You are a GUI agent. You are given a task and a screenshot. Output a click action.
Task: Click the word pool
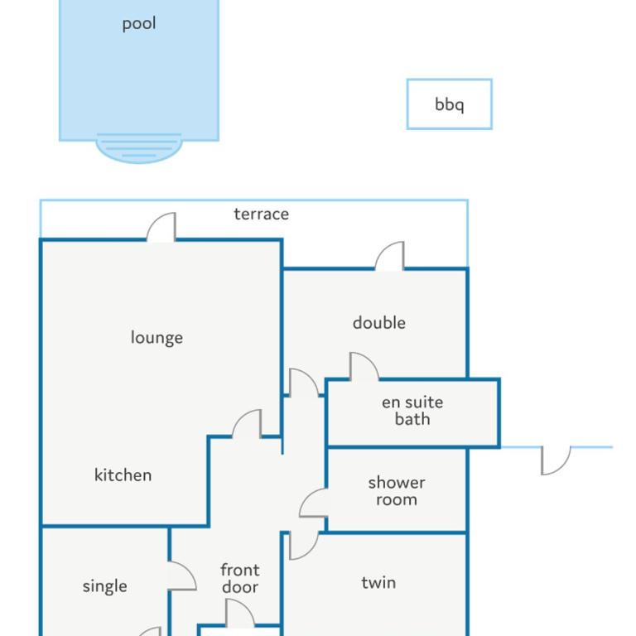(139, 24)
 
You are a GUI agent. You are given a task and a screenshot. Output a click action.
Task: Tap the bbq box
(450, 104)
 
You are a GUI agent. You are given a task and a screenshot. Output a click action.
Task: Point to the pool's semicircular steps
(139, 148)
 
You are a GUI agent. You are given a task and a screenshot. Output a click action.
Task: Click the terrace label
(261, 214)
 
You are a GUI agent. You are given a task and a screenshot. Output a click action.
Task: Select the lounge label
(157, 338)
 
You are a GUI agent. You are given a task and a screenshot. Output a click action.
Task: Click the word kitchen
(123, 475)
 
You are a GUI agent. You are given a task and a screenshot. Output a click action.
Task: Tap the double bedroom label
(378, 323)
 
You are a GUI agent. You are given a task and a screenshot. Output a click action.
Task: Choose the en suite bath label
(412, 411)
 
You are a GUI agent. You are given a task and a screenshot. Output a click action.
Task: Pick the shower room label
(397, 491)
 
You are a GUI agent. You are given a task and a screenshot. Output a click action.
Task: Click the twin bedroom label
(378, 583)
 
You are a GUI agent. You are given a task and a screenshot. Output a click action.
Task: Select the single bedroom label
(104, 587)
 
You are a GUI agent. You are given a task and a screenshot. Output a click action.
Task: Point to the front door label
(239, 579)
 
